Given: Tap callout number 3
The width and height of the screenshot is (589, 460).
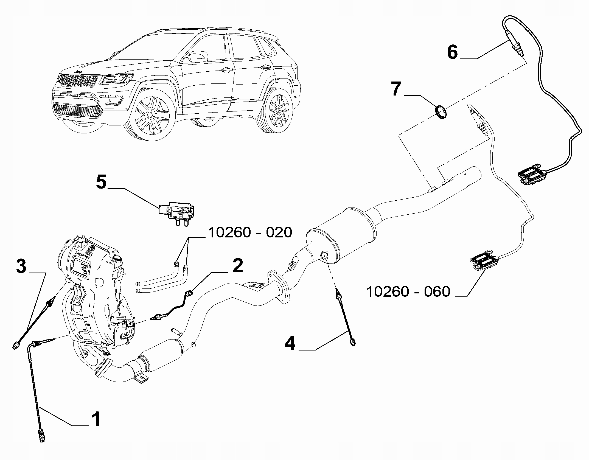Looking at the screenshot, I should (x=21, y=267).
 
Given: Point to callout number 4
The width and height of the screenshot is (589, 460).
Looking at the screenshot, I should (x=290, y=343).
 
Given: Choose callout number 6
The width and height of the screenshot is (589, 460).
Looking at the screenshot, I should (x=453, y=52).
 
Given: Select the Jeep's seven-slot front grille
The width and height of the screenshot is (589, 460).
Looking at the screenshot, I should (x=77, y=81).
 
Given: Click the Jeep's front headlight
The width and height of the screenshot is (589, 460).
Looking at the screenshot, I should (x=116, y=79).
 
